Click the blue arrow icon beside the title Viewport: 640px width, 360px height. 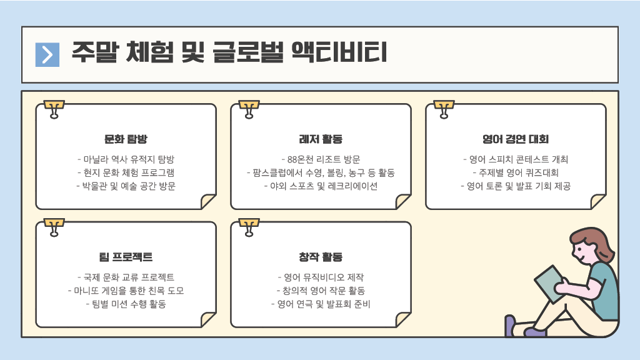47,54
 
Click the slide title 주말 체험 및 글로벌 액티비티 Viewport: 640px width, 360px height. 229,52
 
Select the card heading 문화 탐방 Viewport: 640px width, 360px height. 126,139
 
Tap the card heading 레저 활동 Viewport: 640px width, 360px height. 321,139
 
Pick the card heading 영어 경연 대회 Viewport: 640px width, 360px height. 516,139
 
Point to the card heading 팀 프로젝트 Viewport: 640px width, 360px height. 126,257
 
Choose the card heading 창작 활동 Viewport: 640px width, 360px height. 321,257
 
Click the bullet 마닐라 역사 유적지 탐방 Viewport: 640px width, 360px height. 126,159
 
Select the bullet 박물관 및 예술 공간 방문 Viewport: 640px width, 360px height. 126,186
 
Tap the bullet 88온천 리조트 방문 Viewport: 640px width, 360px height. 321,159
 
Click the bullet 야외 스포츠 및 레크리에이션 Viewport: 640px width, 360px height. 321,186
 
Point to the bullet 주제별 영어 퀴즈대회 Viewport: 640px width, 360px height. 516,172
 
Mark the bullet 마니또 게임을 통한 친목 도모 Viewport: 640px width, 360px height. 126,291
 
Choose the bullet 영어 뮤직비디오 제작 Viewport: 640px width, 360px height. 321,277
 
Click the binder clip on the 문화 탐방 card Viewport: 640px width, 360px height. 54,108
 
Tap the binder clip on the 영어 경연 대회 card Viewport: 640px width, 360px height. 444,108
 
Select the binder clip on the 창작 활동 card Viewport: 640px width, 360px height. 249,227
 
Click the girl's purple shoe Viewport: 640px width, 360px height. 511,325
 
